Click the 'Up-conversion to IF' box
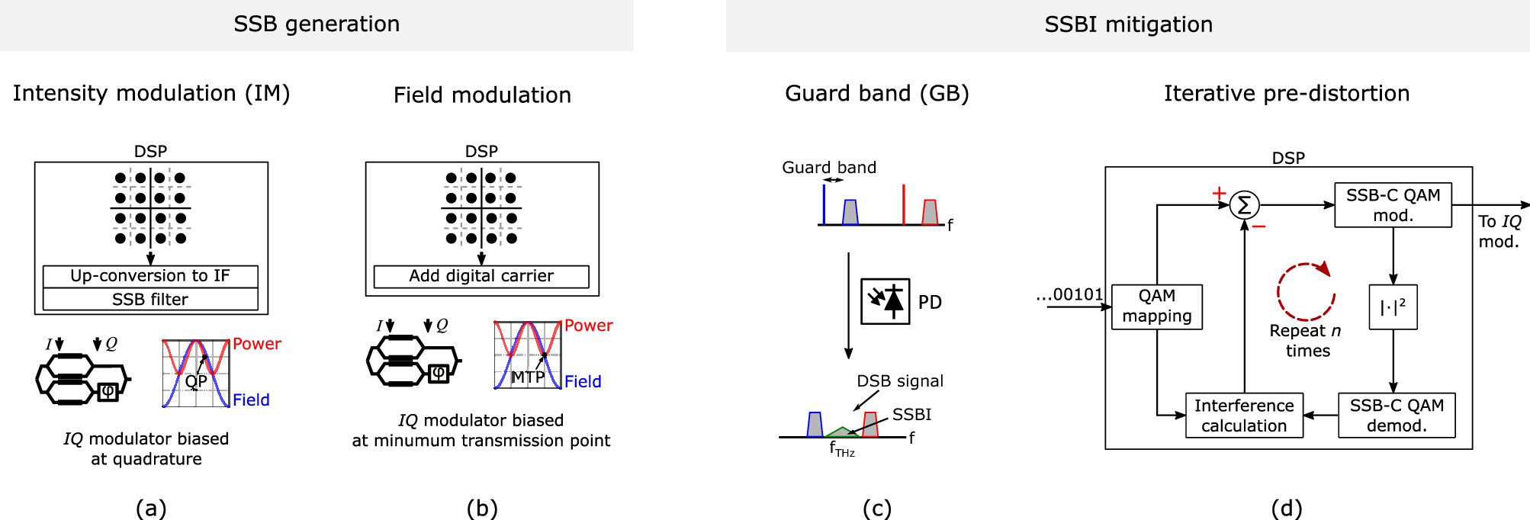pos(150,276)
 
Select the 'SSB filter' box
pos(150,299)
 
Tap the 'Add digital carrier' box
pos(481,276)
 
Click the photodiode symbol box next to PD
pos(885,302)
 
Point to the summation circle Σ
pos(1244,205)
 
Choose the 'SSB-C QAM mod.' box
pos(1393,205)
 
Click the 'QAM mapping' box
pos(1157,307)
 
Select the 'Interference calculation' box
pos(1244,416)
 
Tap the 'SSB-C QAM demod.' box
pos(1397,416)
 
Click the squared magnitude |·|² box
pos(1393,307)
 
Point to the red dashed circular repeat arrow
pos(1306,291)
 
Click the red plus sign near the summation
pos(1219,193)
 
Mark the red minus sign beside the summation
pos(1258,226)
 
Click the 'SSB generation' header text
pos(317,24)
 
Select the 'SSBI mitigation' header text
pos(1128,24)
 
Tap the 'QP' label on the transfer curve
pos(196,380)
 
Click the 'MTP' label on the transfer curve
pos(528,377)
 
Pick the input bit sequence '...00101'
pos(1069,294)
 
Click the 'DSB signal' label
pos(900,380)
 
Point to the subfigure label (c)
pos(877,508)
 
